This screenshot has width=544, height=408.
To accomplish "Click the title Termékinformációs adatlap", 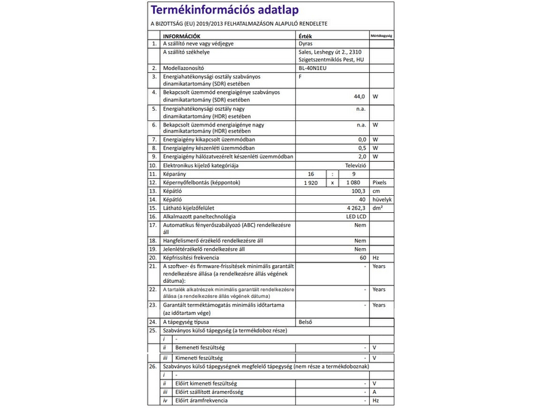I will coord(225,10).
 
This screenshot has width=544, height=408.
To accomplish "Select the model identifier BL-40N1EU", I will coord(313,68).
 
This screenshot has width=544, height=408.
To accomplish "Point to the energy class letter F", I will coord(301,76).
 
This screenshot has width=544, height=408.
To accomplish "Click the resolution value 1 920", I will coord(311,183).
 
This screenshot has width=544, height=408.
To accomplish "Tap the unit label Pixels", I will coord(379,183).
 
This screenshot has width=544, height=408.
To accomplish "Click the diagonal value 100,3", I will coord(358,192).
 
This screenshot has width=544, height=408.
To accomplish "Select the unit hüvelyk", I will coord(382,200).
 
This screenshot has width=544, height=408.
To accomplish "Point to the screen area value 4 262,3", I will coord(354,208).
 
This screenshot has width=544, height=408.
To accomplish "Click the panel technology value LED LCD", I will coord(356,216).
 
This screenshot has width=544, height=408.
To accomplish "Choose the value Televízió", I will coord(356,165).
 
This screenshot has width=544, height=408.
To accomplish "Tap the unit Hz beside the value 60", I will coord(375,258).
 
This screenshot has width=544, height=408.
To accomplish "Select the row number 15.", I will coord(154,208).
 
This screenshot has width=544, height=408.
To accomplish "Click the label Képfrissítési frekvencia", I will coord(191,258).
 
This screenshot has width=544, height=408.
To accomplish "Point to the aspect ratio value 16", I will coord(312,174).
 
